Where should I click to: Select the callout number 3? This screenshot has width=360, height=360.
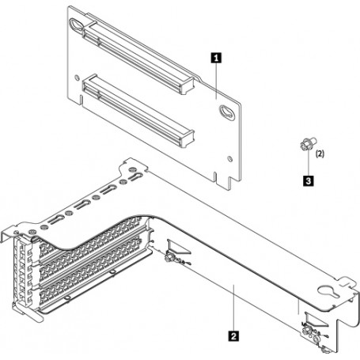[x=306, y=180]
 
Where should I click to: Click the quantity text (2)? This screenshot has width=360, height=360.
[x=320, y=157]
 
